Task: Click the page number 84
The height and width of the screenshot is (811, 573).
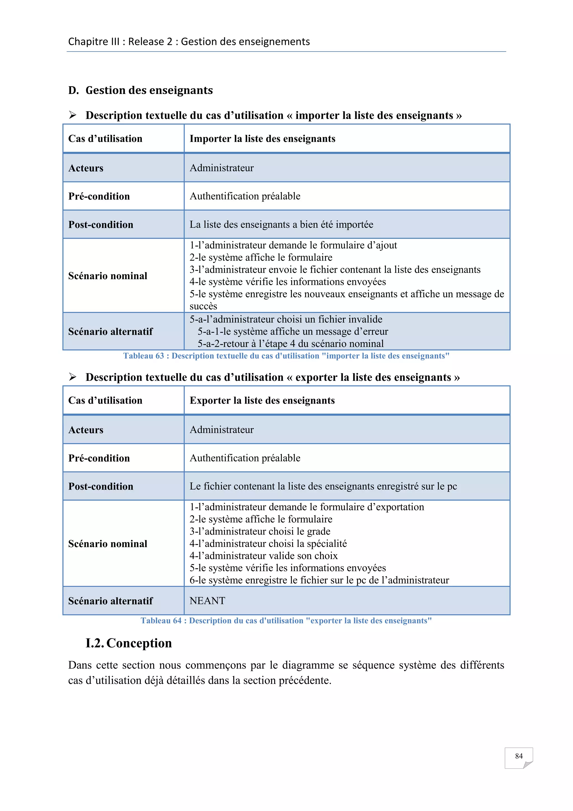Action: coord(518,756)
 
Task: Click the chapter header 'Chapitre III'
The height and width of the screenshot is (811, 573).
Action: coord(93,42)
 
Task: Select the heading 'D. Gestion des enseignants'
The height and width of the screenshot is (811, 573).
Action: coord(140,90)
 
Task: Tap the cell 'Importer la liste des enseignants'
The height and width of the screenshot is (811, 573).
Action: coord(262,139)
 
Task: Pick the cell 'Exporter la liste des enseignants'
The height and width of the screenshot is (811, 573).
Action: coord(262,400)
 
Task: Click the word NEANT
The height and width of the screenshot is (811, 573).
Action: coord(207,601)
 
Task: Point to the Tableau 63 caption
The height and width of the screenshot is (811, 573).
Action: coord(286,356)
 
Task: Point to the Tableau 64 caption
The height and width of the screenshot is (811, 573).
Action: coord(286,621)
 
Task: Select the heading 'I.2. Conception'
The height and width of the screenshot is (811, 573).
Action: coord(129,643)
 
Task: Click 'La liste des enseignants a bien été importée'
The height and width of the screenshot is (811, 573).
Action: coord(281,225)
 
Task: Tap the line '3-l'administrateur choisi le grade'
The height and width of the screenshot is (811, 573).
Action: coord(260,531)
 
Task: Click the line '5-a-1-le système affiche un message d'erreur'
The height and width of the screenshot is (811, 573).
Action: coord(292,331)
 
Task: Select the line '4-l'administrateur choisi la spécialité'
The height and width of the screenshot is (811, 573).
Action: coord(268,544)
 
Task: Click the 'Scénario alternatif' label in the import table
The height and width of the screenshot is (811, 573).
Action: coord(111,332)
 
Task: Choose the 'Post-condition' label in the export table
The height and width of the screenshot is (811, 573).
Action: coord(100,486)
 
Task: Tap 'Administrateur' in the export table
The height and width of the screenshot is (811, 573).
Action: coord(222,430)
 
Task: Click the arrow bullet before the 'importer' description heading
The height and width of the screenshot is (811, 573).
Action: coord(73,115)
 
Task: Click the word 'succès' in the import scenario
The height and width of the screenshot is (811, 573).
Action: coord(203,306)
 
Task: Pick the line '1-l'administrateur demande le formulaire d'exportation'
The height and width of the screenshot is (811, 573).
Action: coord(307,507)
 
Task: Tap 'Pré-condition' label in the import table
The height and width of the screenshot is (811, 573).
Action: coord(99,196)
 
